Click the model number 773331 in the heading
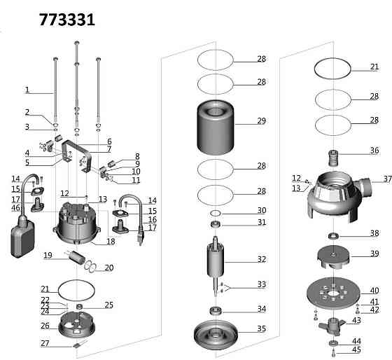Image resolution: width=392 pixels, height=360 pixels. click(x=67, y=20)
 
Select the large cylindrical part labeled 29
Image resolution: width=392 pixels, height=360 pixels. click(x=216, y=127)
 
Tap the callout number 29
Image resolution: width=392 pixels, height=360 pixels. click(x=262, y=121)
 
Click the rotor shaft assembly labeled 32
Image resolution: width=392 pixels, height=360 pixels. click(x=216, y=266)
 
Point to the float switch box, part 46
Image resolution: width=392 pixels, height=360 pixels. click(x=22, y=239)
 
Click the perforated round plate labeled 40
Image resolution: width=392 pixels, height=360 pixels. click(x=333, y=293)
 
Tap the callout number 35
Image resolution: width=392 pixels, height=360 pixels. click(x=262, y=328)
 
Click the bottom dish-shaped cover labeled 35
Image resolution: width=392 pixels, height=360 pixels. click(x=216, y=335)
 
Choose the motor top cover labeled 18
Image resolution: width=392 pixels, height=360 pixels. click(x=77, y=223)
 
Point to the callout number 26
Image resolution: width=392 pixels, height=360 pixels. click(x=45, y=326)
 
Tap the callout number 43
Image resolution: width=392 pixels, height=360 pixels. click(x=356, y=321)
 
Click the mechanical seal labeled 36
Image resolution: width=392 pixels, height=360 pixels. click(x=333, y=158)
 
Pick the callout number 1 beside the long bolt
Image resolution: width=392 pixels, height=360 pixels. click(x=27, y=90)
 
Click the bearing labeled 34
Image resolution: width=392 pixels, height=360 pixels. click(x=216, y=311)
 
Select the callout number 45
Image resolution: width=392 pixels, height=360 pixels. click(x=356, y=349)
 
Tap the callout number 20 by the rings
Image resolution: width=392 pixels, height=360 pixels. click(x=109, y=268)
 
